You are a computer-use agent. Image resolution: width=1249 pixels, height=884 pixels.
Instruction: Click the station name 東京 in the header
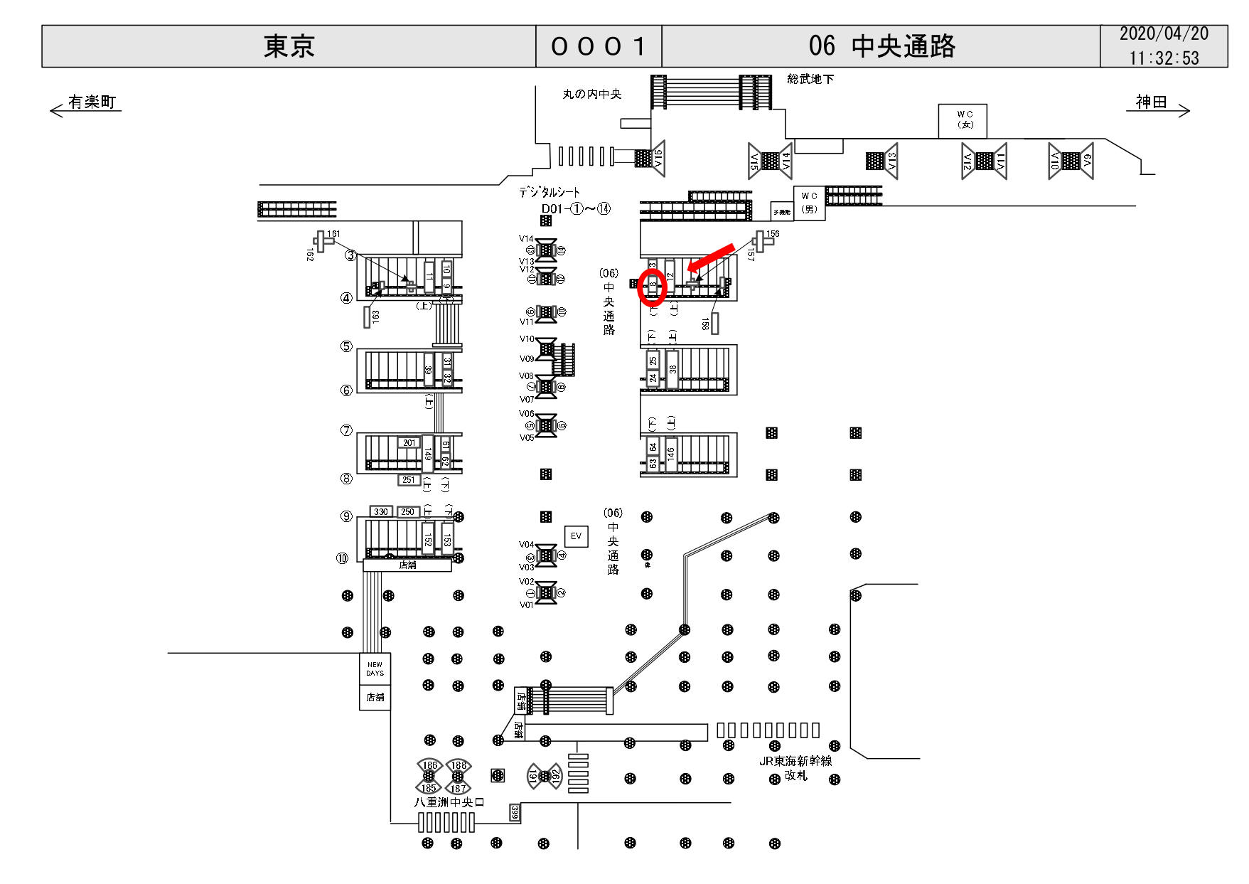pos(289,47)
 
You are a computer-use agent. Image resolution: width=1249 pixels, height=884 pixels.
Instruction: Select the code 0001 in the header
pos(598,47)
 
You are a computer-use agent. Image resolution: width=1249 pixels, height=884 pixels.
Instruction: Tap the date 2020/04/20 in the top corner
pos(1164,34)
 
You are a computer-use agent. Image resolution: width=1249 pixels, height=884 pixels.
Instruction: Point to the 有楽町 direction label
pos(92,102)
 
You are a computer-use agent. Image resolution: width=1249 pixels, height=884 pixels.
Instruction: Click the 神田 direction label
pos(1151,102)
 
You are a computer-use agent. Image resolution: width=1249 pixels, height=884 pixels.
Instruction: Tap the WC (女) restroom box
pos(963,120)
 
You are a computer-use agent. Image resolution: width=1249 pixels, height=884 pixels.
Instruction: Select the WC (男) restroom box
pos(809,203)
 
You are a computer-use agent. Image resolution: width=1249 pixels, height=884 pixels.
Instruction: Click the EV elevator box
pos(576,536)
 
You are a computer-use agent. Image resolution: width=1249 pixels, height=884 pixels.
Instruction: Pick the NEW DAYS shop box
pos(375,669)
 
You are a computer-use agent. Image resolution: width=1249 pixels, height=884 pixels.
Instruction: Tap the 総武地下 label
pos(810,80)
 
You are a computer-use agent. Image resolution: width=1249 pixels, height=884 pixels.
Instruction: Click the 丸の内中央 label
pos(591,94)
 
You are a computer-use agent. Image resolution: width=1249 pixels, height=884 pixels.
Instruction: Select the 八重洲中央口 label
pos(449,802)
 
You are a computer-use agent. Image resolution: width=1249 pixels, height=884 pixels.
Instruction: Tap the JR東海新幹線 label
pos(795,761)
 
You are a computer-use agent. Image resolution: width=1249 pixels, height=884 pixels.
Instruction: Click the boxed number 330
pos(381,512)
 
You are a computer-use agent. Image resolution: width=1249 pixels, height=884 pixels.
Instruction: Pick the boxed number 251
pos(408,480)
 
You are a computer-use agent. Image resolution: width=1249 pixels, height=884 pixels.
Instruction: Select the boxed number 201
pos(409,443)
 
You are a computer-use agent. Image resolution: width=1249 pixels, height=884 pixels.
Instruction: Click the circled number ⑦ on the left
pos(346,430)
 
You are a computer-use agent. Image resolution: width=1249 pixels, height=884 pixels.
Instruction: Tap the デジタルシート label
pos(549,192)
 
